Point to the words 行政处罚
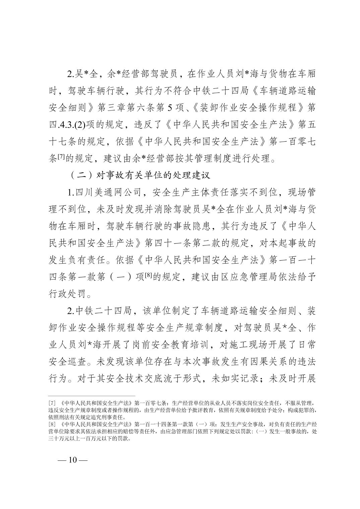pos(65,295)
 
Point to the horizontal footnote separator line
pos(92,395)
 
